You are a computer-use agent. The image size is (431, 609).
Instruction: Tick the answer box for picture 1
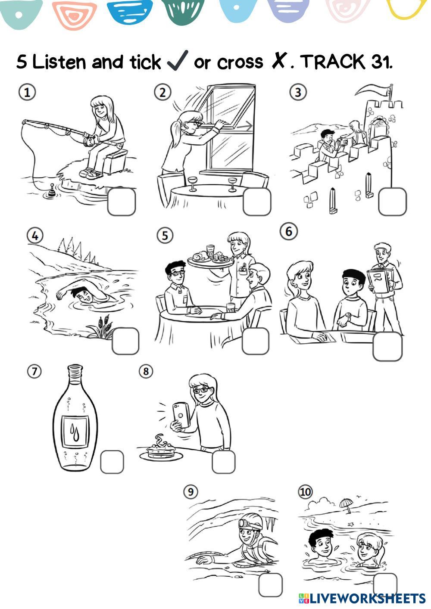[x=122, y=202]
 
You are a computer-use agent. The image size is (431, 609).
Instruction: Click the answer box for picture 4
[x=125, y=341]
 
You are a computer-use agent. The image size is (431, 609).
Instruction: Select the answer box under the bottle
[x=112, y=462]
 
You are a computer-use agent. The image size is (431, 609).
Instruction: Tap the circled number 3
[x=298, y=93]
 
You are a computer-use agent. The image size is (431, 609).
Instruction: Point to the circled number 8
[x=146, y=371]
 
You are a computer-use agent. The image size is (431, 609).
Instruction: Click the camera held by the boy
[x=342, y=141]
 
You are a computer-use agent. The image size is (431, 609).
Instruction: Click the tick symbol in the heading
[x=178, y=60]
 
